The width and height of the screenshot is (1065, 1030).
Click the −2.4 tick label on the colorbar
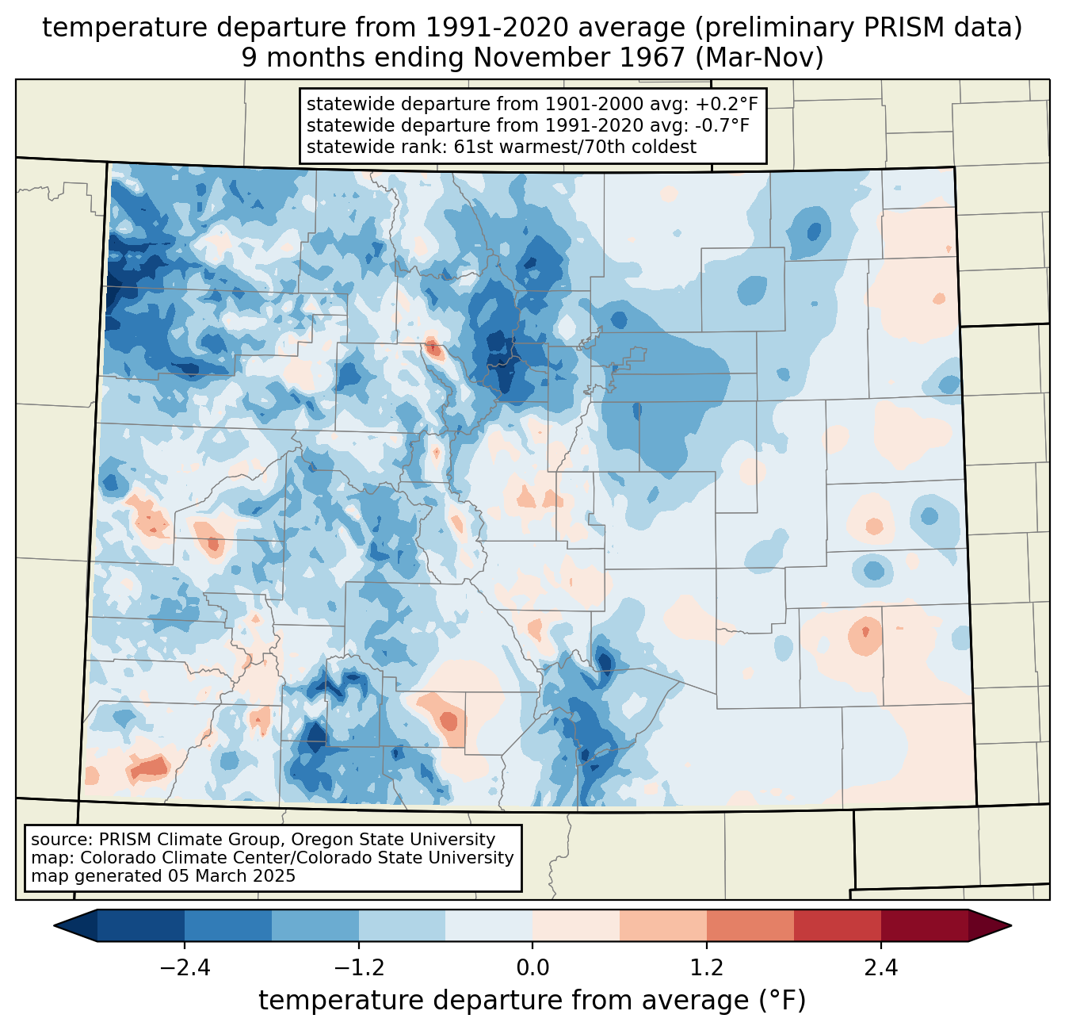(185, 968)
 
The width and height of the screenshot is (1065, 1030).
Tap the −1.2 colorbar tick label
(359, 968)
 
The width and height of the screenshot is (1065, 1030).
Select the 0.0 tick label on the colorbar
(532, 968)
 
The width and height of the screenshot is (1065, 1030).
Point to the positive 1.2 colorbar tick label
(707, 968)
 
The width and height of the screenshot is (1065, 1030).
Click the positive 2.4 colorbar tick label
(881, 968)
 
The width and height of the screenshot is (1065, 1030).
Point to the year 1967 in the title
(659, 58)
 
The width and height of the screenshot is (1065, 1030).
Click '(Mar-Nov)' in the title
(759, 58)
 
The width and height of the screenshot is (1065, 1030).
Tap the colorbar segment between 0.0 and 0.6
(576, 926)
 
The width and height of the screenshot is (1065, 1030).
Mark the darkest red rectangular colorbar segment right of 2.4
(925, 926)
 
